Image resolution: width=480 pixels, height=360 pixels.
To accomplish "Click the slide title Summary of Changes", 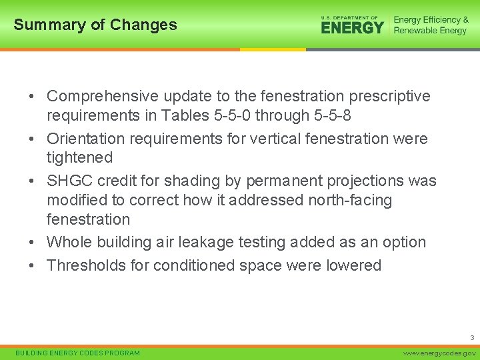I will [95, 25].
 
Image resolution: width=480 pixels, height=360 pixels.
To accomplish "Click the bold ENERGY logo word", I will [352, 28].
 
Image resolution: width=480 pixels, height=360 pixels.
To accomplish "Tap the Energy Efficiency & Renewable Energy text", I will [430, 25].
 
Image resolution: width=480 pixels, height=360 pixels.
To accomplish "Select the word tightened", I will [79, 158].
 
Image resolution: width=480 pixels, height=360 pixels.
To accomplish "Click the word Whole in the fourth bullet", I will [70, 242].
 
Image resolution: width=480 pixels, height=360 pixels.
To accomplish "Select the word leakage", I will [223, 242].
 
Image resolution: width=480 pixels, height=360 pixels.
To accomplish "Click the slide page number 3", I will [472, 338].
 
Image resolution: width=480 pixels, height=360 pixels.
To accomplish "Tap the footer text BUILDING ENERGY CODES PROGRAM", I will [77, 353].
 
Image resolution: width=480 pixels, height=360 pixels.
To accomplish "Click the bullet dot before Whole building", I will [32, 243].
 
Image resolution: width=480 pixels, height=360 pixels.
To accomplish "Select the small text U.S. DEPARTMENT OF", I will [349, 18].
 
